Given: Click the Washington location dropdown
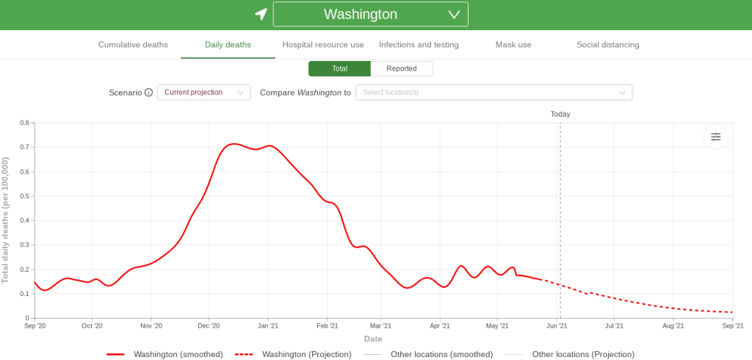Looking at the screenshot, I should tap(370, 15).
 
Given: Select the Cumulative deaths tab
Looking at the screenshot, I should tap(133, 45).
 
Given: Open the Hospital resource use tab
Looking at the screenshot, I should tap(322, 45).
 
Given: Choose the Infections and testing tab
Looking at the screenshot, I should tap(419, 45).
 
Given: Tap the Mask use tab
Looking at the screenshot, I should tap(513, 45).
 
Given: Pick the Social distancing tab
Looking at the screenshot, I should tap(607, 45).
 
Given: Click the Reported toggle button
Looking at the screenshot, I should tap(401, 68).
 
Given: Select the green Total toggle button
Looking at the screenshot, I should tap(339, 68).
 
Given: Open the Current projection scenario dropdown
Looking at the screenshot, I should tap(203, 93).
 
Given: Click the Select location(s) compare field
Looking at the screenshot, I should tap(493, 93).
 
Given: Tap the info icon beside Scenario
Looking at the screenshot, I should tap(148, 93).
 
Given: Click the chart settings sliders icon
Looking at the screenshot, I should tap(715, 137).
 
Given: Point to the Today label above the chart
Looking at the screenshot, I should tap(560, 114).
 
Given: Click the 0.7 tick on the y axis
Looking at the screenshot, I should tap(24, 147).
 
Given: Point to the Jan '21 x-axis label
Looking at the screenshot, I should tap(268, 325).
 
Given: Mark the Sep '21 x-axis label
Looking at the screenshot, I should tap(732, 325).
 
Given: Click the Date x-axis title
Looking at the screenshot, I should tap(373, 339).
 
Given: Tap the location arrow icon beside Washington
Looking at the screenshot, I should tap(261, 14).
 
